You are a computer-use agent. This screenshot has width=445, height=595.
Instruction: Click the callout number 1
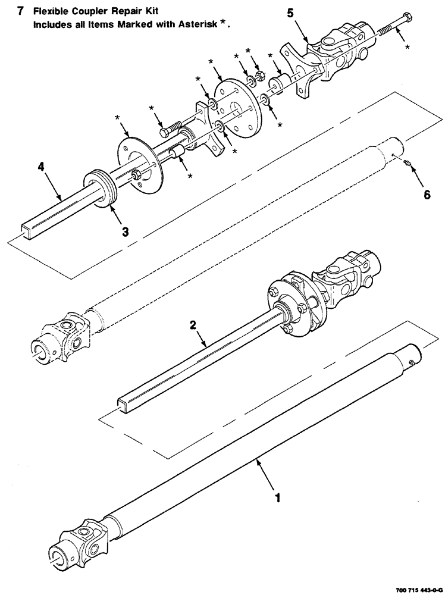click(275, 494)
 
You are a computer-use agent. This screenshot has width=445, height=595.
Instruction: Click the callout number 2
click(193, 325)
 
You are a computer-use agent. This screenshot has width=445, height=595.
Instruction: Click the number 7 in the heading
click(21, 11)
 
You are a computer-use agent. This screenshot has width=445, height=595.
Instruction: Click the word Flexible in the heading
click(53, 11)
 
